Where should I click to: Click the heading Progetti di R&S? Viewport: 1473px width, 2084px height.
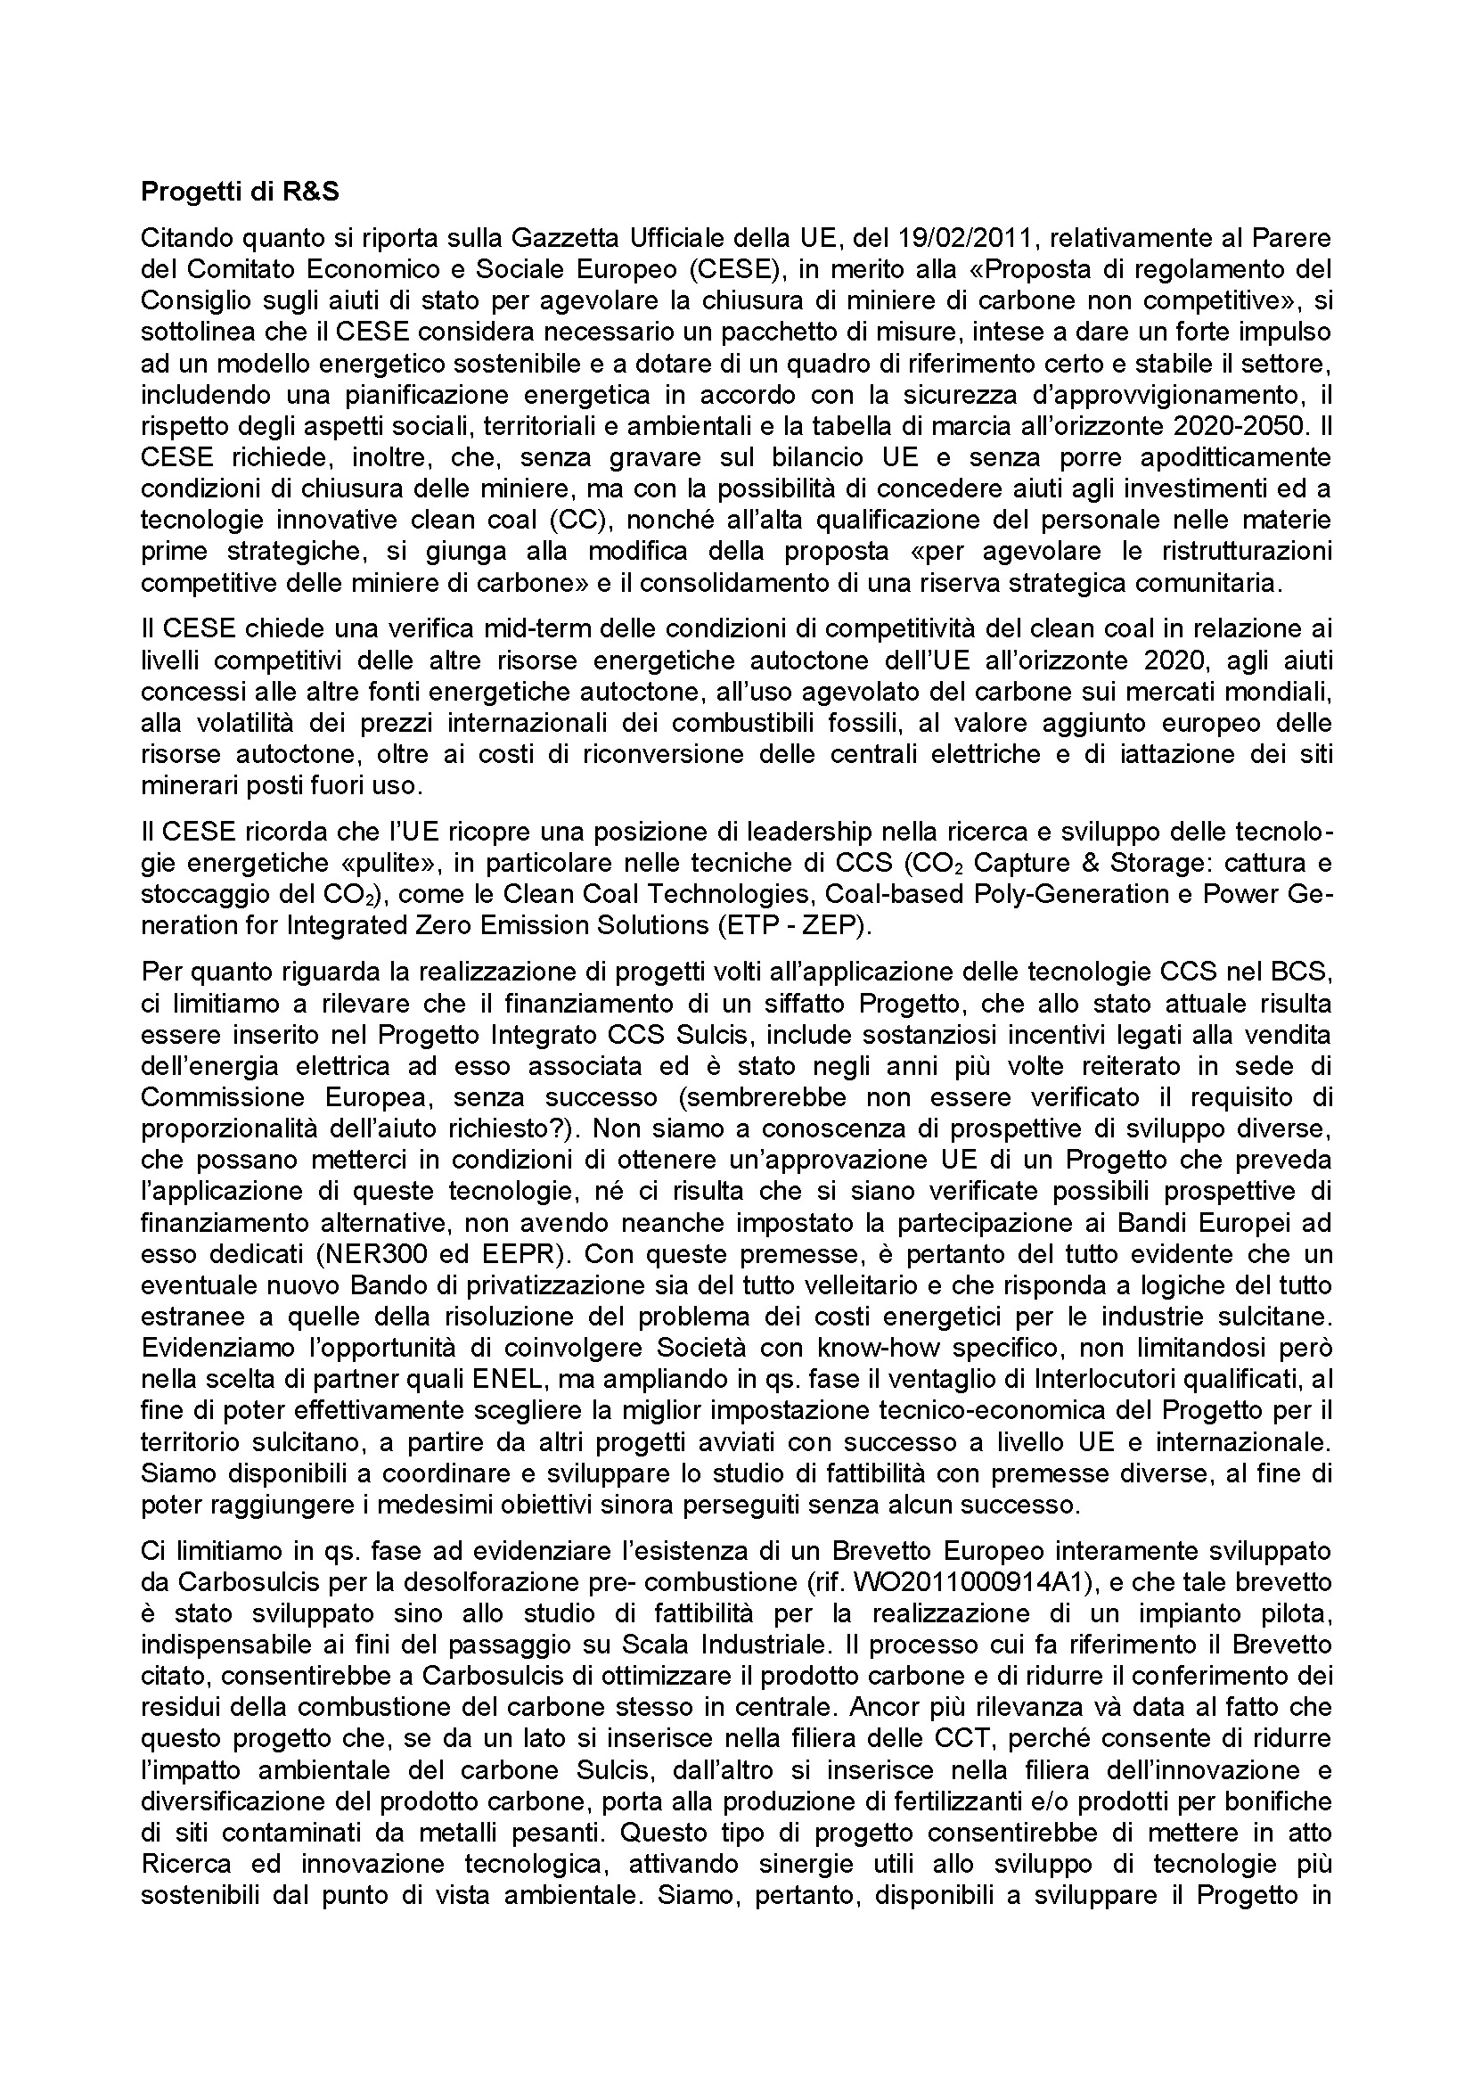click(240, 193)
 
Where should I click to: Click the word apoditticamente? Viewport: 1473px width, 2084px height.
click(1214, 457)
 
